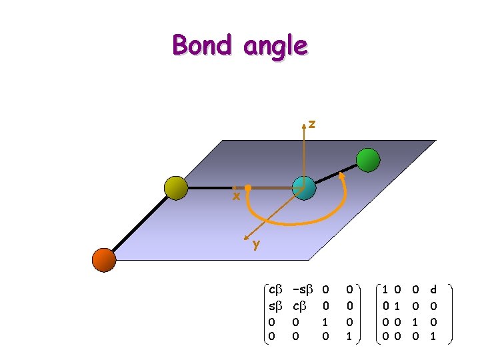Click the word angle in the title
tap(275, 47)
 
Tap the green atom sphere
tap(368, 160)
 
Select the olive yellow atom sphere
tap(177, 187)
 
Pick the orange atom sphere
tap(104, 259)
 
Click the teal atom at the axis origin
tap(303, 189)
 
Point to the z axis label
tap(312, 124)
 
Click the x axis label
tap(236, 197)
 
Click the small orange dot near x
tap(247, 189)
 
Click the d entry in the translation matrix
tap(433, 290)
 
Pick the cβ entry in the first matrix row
tap(275, 290)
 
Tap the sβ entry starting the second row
tap(275, 306)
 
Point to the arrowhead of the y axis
tap(248, 239)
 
